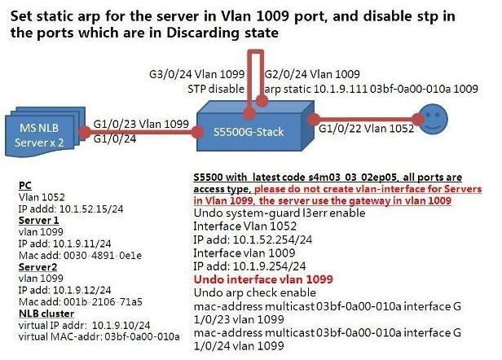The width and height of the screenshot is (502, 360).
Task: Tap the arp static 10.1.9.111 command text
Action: point(350,86)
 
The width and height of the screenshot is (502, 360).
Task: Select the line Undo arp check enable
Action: point(249,292)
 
